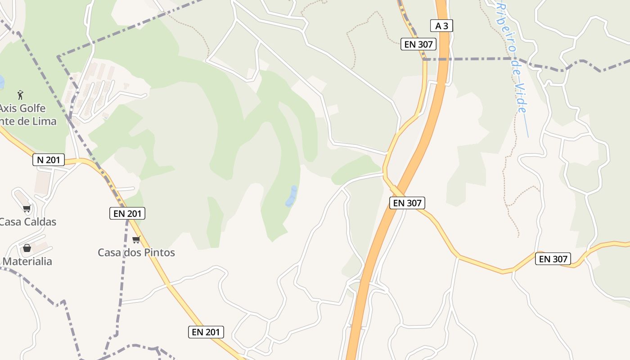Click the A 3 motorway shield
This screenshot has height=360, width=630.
(441, 26)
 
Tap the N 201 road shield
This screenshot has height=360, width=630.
(49, 160)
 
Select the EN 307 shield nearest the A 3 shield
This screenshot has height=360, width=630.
(418, 44)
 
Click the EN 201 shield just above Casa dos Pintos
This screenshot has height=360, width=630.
(127, 213)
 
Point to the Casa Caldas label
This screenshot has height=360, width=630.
(28, 222)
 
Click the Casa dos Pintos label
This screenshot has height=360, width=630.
(136, 252)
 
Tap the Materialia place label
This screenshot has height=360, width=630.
(27, 261)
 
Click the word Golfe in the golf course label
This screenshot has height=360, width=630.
(31, 108)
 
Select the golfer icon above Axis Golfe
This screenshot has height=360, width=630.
(20, 95)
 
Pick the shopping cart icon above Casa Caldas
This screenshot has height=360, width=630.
(27, 208)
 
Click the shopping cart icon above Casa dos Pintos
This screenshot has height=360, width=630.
(136, 239)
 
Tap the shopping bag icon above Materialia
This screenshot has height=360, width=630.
(27, 248)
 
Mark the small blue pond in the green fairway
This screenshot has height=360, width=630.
(291, 197)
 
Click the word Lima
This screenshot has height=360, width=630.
(44, 121)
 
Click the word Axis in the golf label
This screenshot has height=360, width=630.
(6, 108)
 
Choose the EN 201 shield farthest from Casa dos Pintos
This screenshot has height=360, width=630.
(206, 333)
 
